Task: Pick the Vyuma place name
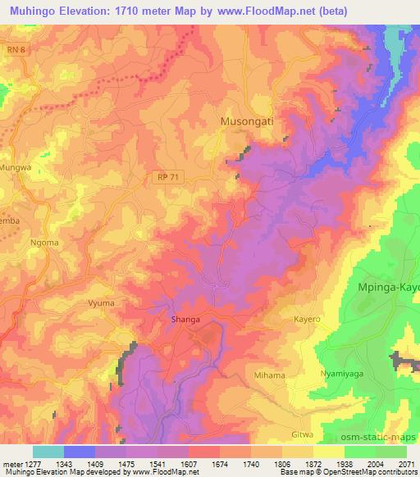tap(101, 302)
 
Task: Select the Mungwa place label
tap(16, 166)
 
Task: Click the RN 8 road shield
tap(16, 50)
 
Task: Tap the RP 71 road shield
tap(167, 176)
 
